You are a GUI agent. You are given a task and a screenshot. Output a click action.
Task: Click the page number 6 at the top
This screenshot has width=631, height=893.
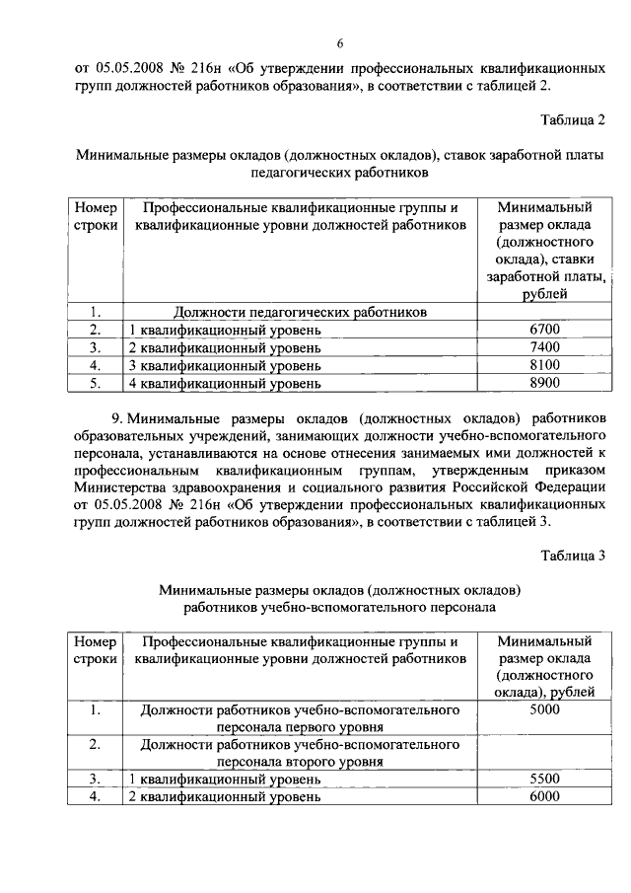339,44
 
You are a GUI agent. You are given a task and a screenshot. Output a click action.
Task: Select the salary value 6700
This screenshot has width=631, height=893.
544,330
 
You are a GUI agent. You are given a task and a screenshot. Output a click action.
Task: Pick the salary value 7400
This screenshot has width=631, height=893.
544,347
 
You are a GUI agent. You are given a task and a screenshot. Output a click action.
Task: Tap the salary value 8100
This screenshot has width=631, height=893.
544,365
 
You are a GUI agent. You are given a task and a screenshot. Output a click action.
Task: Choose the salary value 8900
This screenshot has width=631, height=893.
544,383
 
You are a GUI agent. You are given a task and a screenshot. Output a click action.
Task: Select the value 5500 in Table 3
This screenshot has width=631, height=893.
544,780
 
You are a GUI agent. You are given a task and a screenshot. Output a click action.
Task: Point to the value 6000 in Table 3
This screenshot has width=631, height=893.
544,797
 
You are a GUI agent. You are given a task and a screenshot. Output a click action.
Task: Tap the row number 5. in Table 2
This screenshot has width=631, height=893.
96,383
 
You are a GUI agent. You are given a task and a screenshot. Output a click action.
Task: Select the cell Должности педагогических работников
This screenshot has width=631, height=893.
301,312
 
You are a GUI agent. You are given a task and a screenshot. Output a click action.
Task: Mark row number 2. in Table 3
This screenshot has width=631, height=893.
96,744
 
